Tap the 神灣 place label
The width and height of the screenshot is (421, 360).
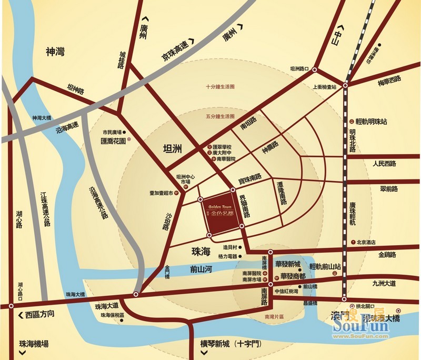pyautogui.click(x=55, y=52)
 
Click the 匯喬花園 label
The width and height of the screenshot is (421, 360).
pyautogui.click(x=113, y=141)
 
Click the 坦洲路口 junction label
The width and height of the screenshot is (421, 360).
pyautogui.click(x=299, y=69)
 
